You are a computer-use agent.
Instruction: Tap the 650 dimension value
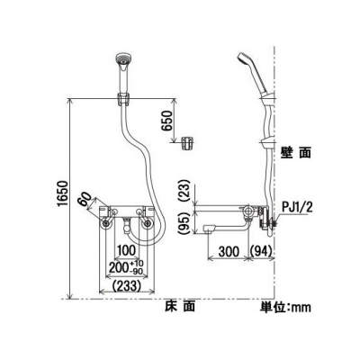pyautogui.click(x=167, y=121)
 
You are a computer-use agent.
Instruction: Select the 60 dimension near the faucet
pyautogui.click(x=85, y=199)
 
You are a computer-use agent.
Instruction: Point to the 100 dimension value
pyautogui.click(x=126, y=251)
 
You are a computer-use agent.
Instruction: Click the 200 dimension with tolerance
pyautogui.click(x=126, y=268)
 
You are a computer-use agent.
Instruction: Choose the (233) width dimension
pyautogui.click(x=126, y=286)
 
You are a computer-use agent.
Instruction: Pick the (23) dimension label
pyautogui.click(x=186, y=191)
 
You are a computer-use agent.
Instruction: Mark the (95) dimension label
pyautogui.click(x=186, y=222)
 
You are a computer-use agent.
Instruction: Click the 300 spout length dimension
pyautogui.click(x=229, y=251)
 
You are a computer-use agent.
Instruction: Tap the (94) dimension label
pyautogui.click(x=261, y=251)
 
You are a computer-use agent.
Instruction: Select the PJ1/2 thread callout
pyautogui.click(x=297, y=208)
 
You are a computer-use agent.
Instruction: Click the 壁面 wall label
pyautogui.click(x=296, y=153)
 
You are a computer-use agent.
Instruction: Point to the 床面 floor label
pyautogui.click(x=180, y=306)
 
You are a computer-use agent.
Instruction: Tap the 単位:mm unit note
pyautogui.click(x=285, y=306)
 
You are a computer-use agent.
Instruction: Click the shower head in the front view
pyautogui.click(x=122, y=65)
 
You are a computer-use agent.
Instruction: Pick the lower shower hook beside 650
pyautogui.click(x=187, y=142)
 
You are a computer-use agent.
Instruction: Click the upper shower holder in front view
pyautogui.click(x=123, y=99)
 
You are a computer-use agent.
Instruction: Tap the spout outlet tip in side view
pyautogui.click(x=208, y=229)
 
